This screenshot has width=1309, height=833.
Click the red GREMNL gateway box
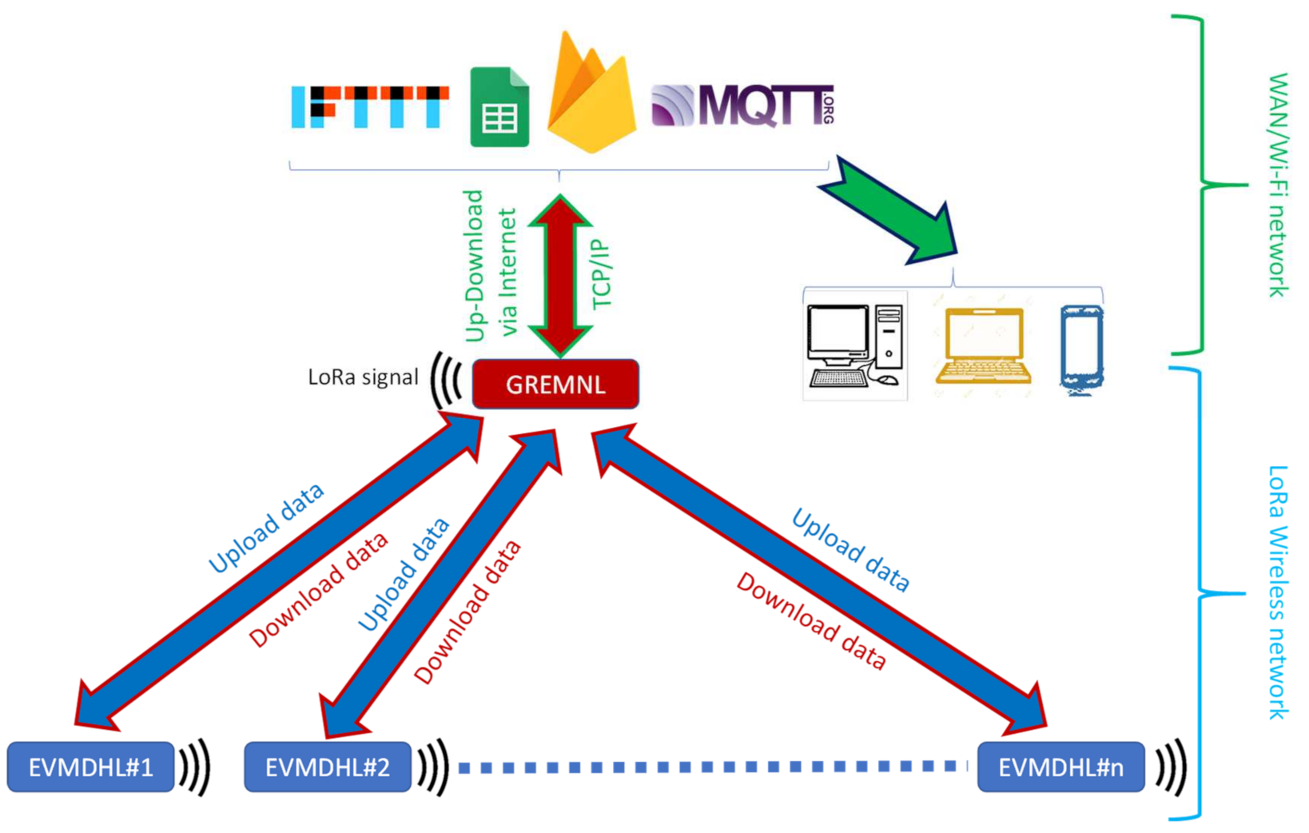555,385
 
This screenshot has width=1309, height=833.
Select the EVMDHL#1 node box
90,767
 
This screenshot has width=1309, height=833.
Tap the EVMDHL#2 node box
328,767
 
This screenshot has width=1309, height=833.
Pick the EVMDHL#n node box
1060,767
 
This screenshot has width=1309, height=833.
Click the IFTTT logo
369,107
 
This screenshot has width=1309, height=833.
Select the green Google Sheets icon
499,108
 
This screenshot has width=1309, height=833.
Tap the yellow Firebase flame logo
591,96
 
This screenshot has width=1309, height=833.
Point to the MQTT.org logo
743,106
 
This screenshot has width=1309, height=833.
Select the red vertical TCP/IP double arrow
560,276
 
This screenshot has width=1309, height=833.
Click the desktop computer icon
854,345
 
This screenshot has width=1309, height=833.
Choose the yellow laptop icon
983,346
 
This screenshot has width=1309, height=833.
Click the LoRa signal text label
363,377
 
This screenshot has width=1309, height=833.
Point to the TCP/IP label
601,274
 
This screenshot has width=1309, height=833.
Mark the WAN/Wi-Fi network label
1278,185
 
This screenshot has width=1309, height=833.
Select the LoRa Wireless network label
1278,592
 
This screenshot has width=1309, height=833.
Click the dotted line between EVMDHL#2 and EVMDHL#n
711,767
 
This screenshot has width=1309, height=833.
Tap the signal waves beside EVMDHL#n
1170,767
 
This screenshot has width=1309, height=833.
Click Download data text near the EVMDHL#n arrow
810,621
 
